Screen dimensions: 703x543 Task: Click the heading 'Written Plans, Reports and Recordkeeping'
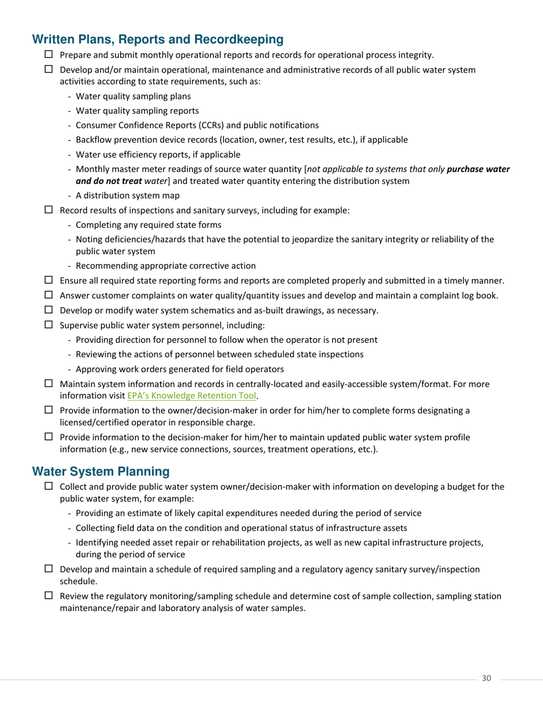coord(158,39)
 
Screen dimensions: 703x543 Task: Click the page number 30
coord(486,678)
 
